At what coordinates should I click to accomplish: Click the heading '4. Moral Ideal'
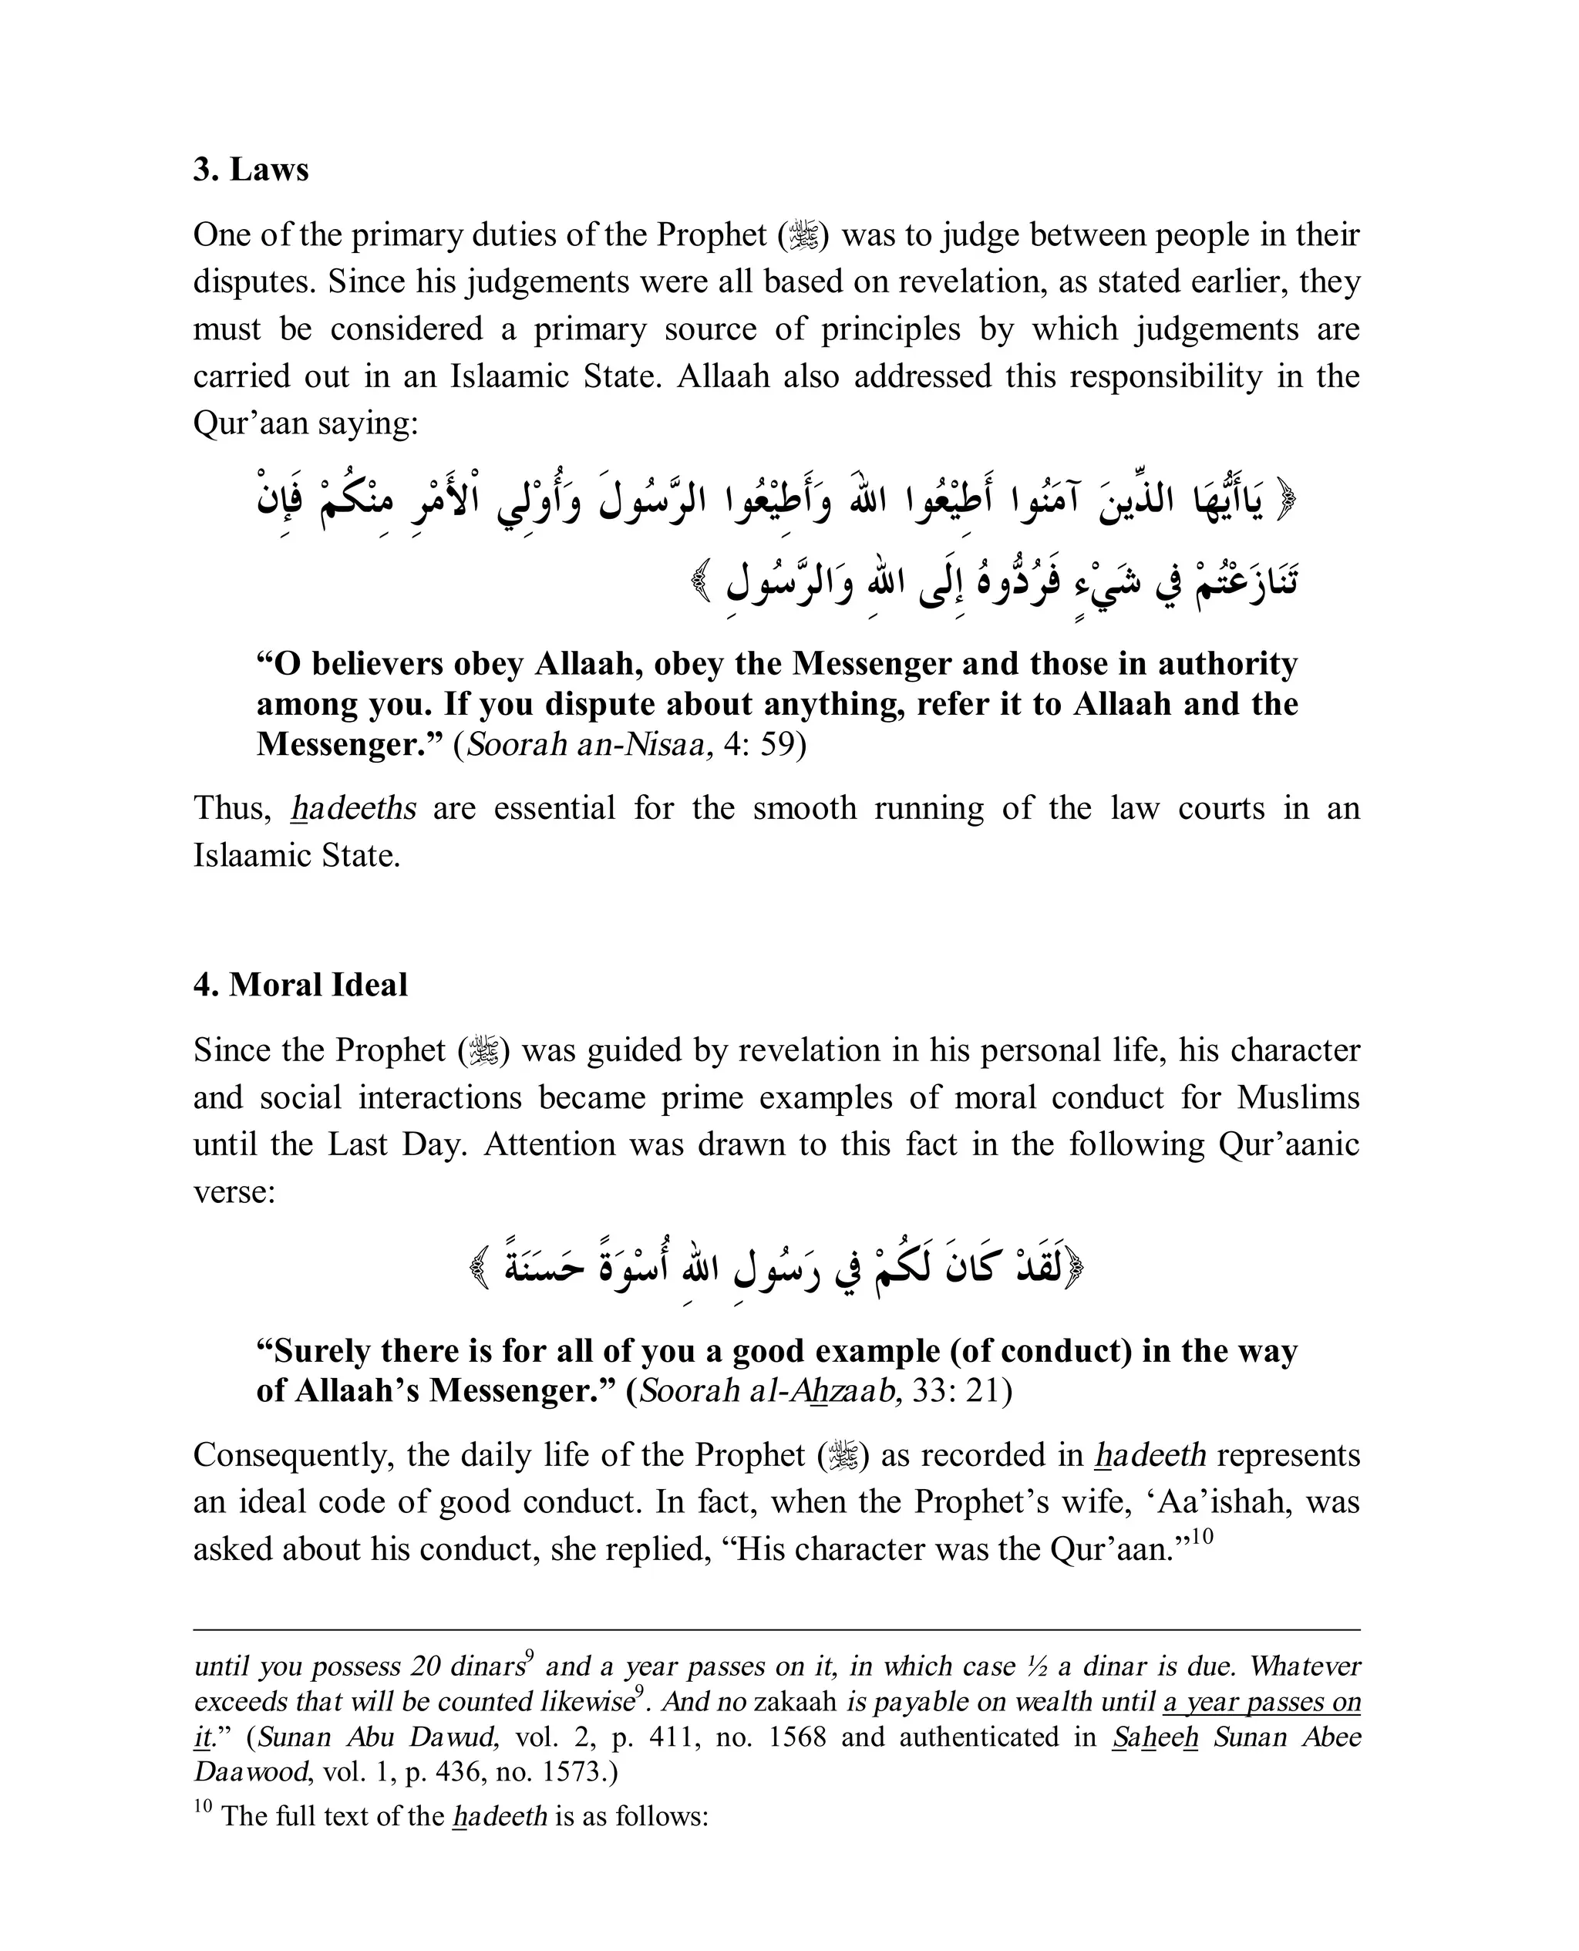point(300,985)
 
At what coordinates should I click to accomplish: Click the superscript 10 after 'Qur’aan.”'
point(1203,1536)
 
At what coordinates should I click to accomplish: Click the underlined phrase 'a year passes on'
point(1261,1703)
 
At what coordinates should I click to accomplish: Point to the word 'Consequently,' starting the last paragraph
point(294,1454)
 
